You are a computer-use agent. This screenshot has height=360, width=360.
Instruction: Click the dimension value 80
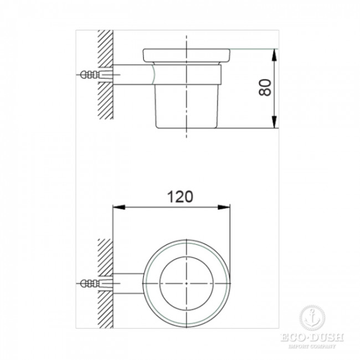(x=266, y=88)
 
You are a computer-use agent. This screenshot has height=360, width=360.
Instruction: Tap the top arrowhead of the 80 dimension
(x=274, y=53)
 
